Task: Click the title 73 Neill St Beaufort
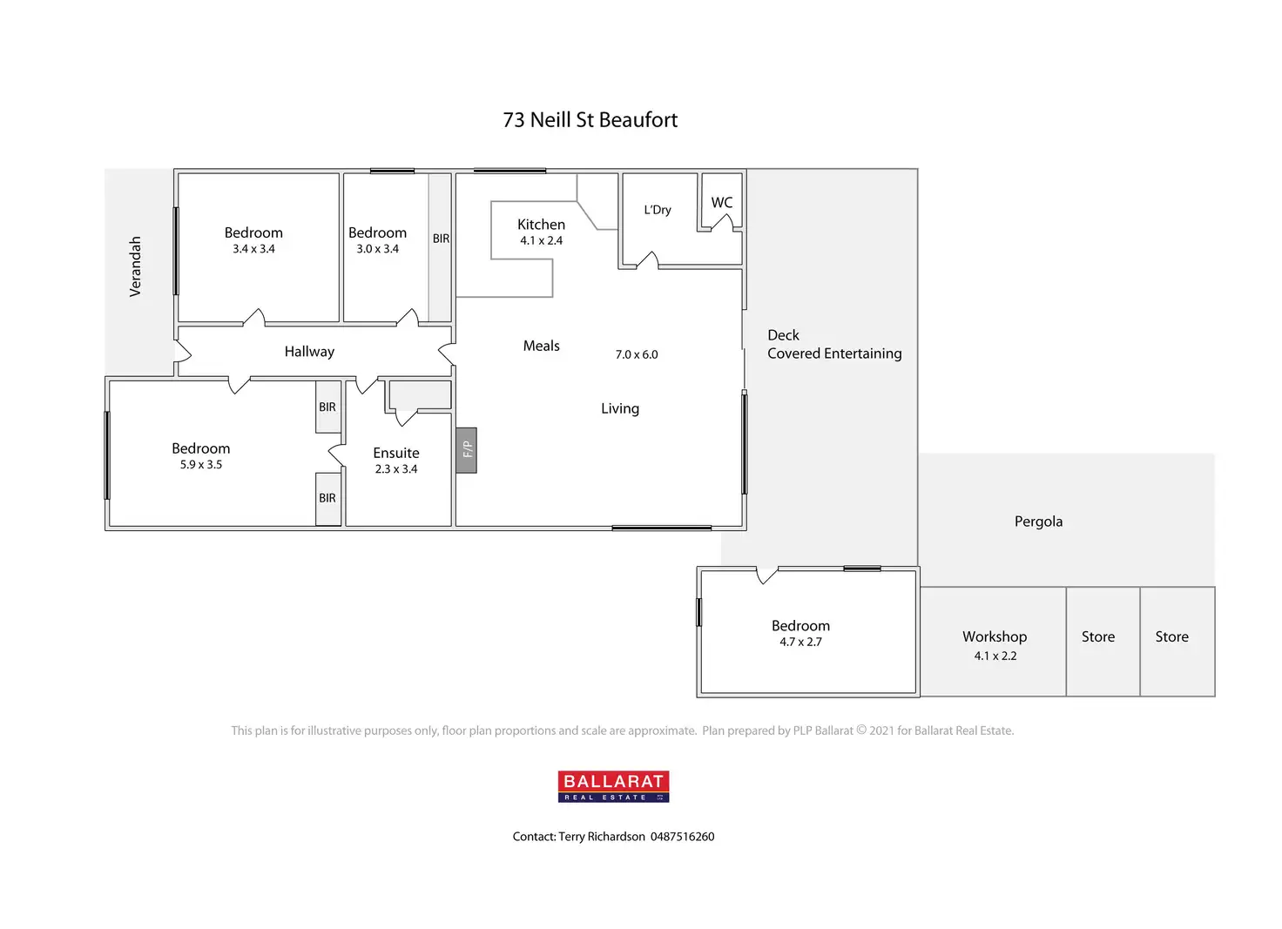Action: coord(590,120)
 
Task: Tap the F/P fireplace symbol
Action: coord(467,449)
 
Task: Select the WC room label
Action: coord(721,203)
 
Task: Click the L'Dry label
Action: coord(658,210)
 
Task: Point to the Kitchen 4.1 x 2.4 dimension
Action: coord(541,241)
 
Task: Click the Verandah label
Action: coord(135,266)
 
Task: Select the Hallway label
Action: coord(309,352)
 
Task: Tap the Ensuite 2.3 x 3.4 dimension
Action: coord(396,469)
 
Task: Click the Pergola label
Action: coord(1038,522)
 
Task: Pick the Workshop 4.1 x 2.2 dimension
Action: coord(995,656)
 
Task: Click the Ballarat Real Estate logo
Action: coord(613,786)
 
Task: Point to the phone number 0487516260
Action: coord(682,837)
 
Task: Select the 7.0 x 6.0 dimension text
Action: coord(637,355)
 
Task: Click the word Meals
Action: coord(541,347)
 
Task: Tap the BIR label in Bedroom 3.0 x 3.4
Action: coord(441,239)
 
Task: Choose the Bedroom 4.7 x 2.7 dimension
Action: coord(800,643)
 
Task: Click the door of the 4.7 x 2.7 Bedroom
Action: coord(766,575)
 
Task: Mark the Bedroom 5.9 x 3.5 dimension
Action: coord(201,465)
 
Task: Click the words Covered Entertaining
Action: coord(834,353)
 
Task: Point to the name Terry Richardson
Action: coord(602,837)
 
